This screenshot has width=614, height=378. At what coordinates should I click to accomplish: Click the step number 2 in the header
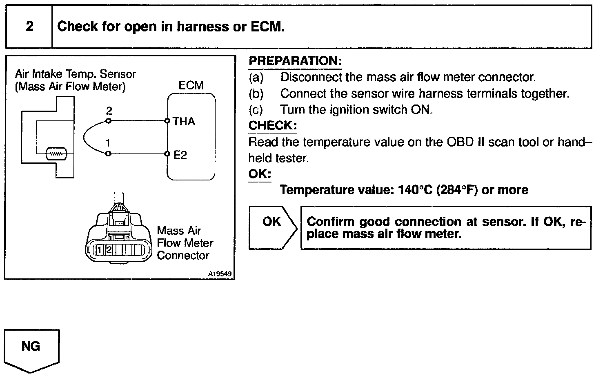click(29, 27)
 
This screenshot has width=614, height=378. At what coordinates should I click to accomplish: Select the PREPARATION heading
click(295, 61)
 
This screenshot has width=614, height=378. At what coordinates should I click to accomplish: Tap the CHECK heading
click(272, 126)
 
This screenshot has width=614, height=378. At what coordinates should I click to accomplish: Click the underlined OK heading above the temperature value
click(260, 174)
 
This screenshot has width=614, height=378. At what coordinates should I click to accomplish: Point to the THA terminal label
click(184, 121)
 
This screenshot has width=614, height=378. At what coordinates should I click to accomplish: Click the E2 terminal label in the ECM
click(180, 155)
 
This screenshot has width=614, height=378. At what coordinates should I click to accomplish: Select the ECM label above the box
click(191, 86)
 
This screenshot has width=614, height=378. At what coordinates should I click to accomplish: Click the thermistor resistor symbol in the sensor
click(55, 154)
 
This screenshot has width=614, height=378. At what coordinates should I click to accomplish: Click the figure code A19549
click(220, 274)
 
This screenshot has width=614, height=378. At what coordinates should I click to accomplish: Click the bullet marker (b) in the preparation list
click(256, 94)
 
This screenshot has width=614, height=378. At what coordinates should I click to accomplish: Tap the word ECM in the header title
click(267, 27)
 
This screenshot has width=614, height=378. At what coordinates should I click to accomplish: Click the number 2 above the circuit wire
click(109, 111)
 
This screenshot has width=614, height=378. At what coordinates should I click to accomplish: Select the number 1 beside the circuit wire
click(108, 143)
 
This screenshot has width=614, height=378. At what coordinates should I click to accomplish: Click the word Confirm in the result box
click(331, 222)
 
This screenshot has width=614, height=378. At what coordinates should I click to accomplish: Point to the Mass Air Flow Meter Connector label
click(185, 243)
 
